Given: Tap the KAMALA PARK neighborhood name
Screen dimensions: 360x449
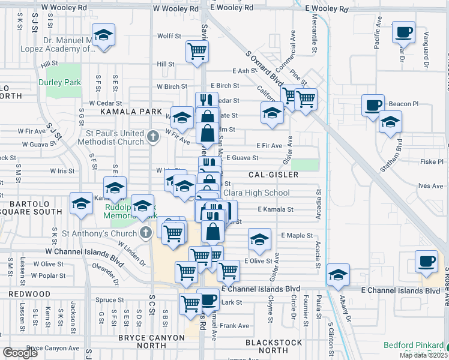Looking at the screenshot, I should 131,112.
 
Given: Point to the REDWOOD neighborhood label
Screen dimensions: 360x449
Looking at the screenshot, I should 29,293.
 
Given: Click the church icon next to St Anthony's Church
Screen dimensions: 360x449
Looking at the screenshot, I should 145,232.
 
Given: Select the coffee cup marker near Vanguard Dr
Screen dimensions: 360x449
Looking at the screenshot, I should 403,32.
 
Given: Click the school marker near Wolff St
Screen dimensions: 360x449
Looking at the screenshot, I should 104,36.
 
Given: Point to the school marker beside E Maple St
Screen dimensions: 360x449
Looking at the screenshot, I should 259,241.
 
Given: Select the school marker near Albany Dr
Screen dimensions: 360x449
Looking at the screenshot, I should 338,274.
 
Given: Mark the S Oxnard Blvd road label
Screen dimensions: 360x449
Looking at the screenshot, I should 265,70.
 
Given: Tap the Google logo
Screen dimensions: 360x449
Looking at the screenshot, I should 20,353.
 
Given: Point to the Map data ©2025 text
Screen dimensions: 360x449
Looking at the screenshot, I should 423,355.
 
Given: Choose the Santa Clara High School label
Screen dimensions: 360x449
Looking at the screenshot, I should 256,193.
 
